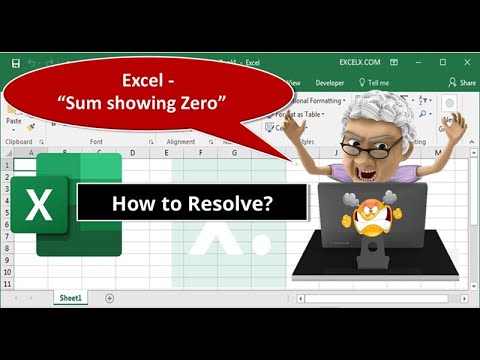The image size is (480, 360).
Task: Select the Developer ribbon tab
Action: [x=329, y=83]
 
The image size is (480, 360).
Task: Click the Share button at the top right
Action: [x=461, y=83]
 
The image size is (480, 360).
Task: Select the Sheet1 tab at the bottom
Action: [x=69, y=298]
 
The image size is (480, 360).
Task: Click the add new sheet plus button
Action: [x=109, y=298]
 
